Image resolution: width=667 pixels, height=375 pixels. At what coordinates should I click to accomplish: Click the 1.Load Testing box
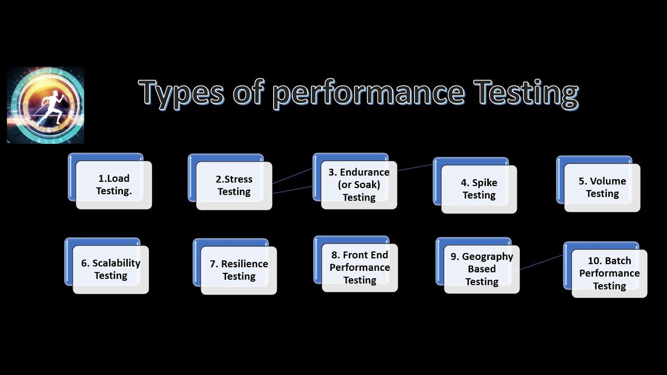(114, 185)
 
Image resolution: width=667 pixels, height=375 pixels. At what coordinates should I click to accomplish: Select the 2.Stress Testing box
(234, 186)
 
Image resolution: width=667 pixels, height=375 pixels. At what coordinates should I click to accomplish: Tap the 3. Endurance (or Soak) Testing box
(359, 185)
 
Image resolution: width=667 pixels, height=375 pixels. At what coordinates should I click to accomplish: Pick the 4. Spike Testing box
(479, 189)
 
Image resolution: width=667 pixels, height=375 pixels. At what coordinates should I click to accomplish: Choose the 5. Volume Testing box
(602, 187)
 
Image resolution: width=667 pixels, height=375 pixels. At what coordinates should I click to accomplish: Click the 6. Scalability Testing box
(110, 269)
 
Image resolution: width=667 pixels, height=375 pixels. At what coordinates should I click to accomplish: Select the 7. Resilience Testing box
(239, 270)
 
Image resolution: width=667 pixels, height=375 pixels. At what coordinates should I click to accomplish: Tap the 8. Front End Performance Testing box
(360, 268)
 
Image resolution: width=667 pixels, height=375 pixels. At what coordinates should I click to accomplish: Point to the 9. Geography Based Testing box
(481, 269)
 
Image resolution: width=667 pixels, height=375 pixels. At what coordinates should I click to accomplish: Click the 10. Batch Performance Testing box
(609, 273)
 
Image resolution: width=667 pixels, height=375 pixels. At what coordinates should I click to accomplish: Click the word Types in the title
(181, 93)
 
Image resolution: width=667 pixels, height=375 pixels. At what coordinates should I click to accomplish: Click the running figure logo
(46, 105)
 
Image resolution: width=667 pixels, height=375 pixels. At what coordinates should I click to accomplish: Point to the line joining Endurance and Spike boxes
(415, 168)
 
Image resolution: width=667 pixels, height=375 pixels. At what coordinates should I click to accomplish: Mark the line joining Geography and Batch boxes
(541, 262)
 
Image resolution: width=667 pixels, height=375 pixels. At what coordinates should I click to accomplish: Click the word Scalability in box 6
(116, 263)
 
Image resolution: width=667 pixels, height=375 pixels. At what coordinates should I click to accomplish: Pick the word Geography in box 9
(487, 257)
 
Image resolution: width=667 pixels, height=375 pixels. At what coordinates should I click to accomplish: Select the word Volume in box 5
(608, 181)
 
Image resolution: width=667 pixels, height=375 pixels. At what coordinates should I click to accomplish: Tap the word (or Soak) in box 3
(359, 185)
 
